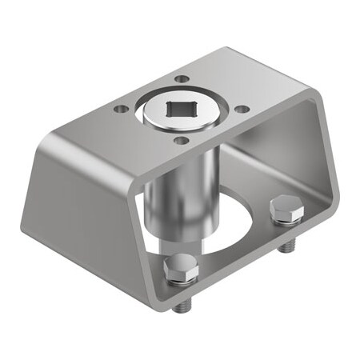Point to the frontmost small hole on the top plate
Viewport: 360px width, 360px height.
click(x=182, y=140)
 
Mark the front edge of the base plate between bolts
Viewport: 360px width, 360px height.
click(x=240, y=276)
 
